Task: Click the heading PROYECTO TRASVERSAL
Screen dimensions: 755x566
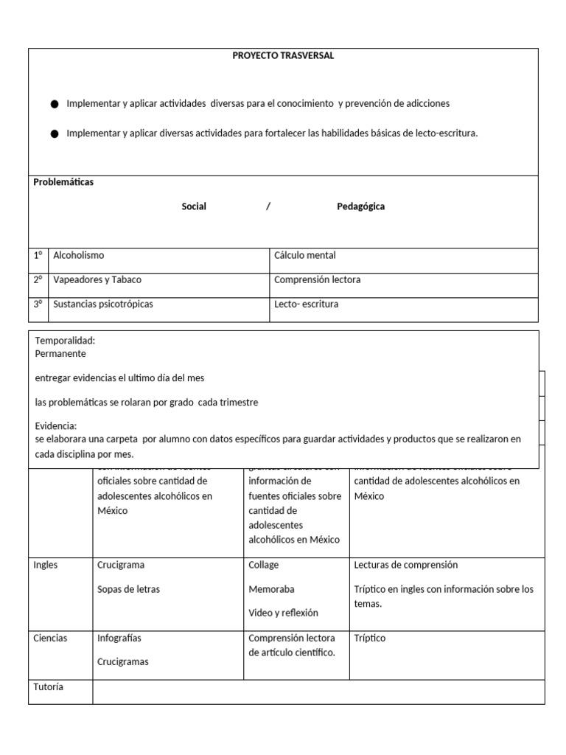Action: pos(283,56)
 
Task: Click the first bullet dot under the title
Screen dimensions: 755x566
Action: pos(55,105)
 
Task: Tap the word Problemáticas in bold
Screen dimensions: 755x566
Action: pos(63,182)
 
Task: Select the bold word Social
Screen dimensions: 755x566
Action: pos(194,206)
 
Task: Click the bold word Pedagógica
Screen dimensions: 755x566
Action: pos(360,206)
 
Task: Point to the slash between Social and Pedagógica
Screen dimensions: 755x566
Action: pos(268,206)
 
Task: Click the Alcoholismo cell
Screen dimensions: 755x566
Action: pos(79,256)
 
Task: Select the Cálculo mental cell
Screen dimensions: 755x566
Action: pos(304,256)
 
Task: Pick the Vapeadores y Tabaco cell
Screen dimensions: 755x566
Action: pos(97,280)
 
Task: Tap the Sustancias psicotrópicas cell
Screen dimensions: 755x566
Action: pos(103,304)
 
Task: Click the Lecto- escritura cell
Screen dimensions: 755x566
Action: pos(306,304)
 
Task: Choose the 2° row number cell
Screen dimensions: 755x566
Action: pos(38,280)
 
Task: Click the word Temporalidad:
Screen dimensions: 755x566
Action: pos(65,341)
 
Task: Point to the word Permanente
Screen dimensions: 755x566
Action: pos(60,353)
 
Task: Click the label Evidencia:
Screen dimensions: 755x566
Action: pos(56,426)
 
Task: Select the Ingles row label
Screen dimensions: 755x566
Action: pos(46,565)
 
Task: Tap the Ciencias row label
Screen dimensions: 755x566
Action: pos(50,638)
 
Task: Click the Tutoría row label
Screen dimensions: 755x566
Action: pos(49,686)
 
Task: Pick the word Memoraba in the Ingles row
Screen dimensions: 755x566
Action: pos(271,589)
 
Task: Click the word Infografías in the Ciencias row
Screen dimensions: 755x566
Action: pos(119,638)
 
